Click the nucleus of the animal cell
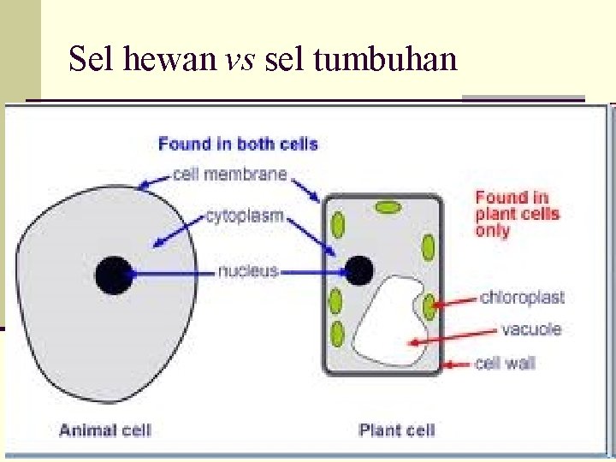click(114, 275)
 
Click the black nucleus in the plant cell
click(358, 270)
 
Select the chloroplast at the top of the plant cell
click(388, 207)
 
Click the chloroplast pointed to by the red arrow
click(429, 306)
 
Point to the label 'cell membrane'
click(230, 174)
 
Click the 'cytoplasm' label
click(245, 216)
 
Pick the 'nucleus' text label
click(248, 271)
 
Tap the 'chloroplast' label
click(522, 298)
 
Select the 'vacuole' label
click(531, 329)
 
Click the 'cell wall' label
click(506, 363)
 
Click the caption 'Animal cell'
click(105, 430)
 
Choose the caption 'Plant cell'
click(397, 429)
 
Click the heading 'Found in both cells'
click(238, 145)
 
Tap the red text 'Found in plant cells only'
click(517, 214)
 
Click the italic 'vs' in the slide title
click(240, 60)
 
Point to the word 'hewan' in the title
click(169, 58)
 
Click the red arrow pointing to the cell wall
click(457, 365)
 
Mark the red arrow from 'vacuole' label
click(453, 337)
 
